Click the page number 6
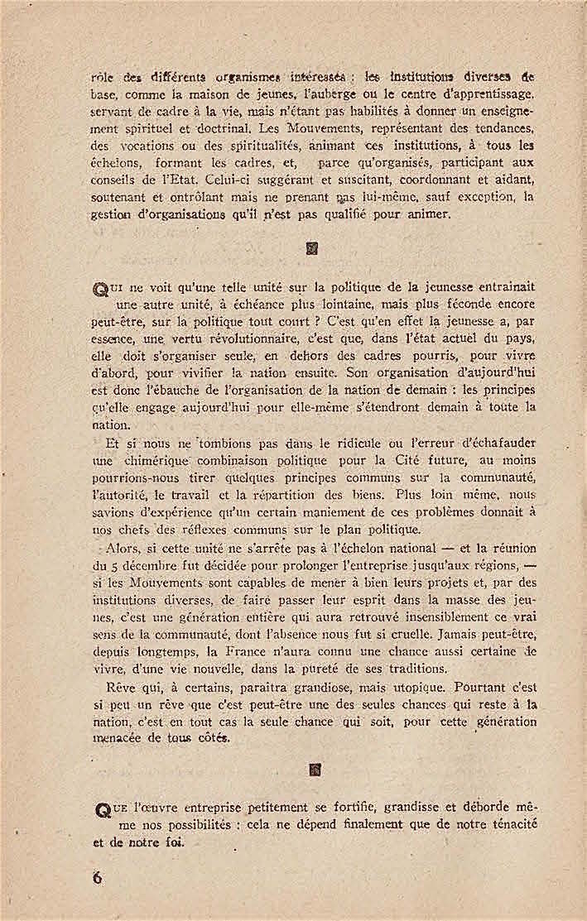coord(97,878)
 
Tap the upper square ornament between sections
coord(313,247)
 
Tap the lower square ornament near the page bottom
coord(314,770)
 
